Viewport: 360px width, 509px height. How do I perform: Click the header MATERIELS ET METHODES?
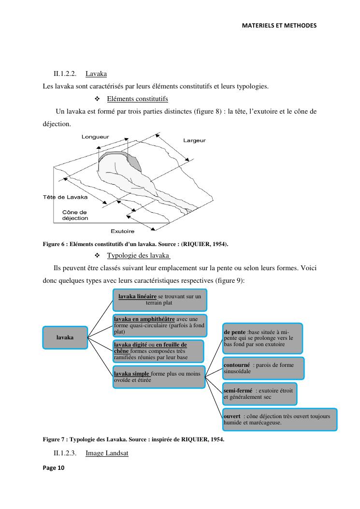coord(279,26)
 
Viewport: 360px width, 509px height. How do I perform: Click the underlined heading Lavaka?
coord(96,73)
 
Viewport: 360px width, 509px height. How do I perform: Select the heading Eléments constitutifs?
coord(138,99)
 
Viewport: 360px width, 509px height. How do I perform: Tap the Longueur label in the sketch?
coord(95,137)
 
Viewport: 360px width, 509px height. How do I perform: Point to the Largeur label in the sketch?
coord(194,141)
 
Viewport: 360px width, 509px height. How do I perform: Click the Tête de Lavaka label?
coord(65,197)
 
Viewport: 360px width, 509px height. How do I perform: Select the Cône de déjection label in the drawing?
coord(75,215)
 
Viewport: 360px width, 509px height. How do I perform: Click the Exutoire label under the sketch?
coord(122,232)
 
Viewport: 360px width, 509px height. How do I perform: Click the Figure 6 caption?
coord(135,244)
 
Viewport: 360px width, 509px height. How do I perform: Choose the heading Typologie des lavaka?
coord(139,256)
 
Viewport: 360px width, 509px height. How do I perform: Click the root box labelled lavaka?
coord(65,337)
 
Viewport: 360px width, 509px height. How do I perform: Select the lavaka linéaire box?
coord(160,300)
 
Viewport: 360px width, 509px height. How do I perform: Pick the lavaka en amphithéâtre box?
coord(160,325)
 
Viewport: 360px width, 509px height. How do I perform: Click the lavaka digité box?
coord(158,351)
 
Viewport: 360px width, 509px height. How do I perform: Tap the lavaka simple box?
coord(159,377)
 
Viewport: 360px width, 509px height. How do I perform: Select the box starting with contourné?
coord(263,368)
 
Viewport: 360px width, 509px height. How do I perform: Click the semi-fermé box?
coord(259,394)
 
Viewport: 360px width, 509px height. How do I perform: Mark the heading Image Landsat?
coord(107,453)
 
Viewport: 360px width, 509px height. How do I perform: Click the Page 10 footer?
coord(54,468)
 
